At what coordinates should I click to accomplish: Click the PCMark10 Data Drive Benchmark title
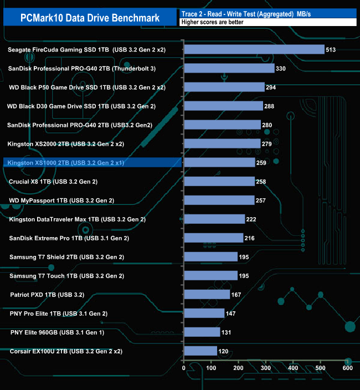90,18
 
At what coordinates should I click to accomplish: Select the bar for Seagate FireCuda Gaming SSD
254,50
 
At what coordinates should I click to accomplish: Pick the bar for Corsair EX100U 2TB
200,351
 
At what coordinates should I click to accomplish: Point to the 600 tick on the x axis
347,367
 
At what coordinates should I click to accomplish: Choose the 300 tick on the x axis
265,367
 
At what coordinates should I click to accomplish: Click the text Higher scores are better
214,22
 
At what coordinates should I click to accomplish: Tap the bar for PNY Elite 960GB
202,332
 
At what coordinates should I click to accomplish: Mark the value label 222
251,219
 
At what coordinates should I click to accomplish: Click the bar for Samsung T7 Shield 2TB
210,256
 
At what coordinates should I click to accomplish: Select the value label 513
331,50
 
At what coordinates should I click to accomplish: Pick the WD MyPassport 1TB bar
219,200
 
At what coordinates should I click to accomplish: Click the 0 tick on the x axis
184,367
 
